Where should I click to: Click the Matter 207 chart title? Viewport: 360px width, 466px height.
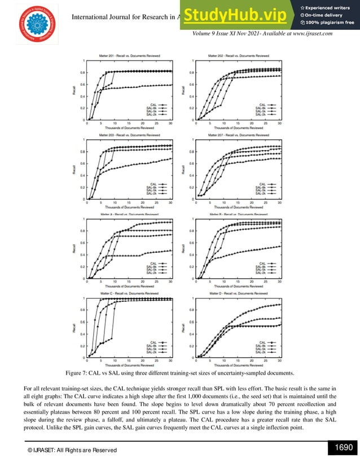point(232,135)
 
